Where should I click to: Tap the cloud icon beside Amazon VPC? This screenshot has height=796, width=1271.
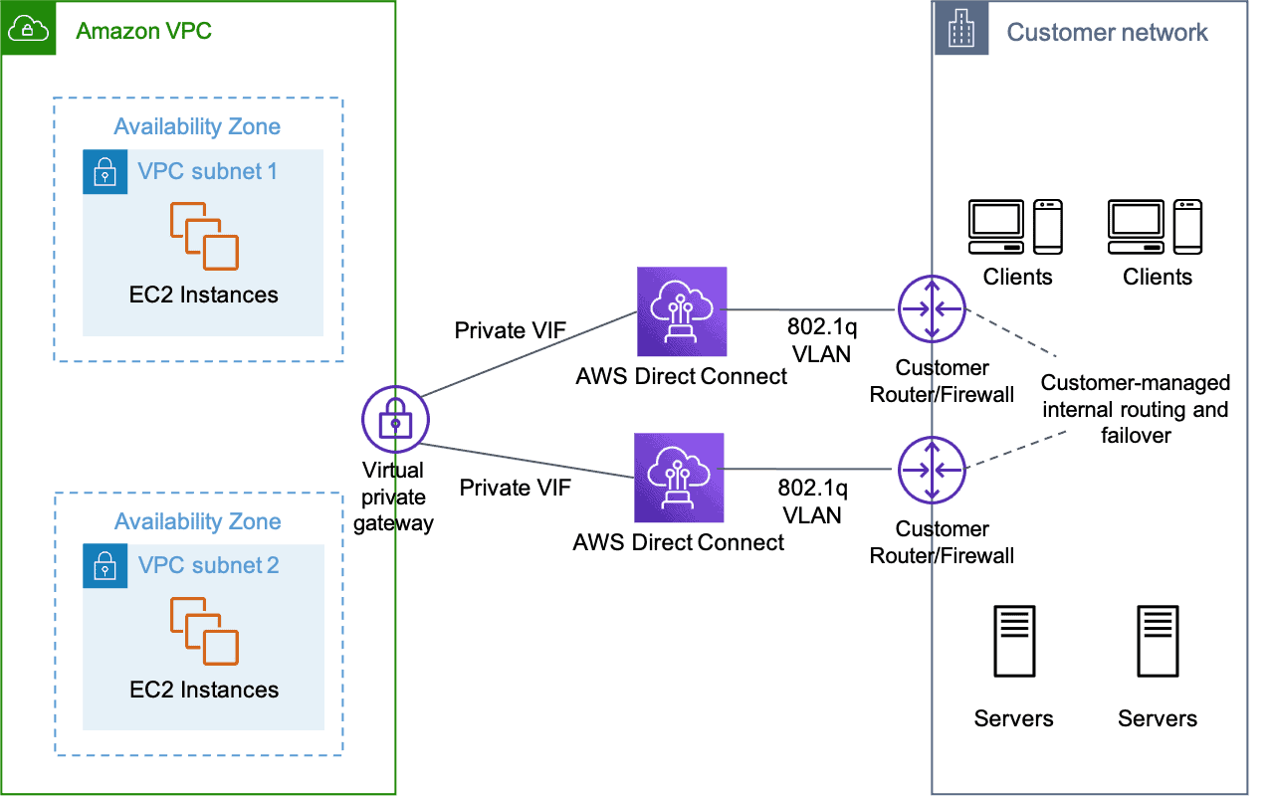click(x=28, y=30)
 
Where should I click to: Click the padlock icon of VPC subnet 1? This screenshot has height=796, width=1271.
click(x=105, y=172)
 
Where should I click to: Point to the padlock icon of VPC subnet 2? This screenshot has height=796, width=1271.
click(x=105, y=566)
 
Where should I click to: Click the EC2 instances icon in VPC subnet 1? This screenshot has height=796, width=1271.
click(x=204, y=236)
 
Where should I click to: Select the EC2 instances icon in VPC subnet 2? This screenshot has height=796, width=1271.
click(x=204, y=630)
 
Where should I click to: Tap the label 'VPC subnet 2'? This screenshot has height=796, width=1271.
click(x=209, y=566)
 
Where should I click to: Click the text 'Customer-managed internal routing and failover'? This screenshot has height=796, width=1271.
click(x=1135, y=409)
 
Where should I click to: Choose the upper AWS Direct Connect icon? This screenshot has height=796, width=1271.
click(x=682, y=311)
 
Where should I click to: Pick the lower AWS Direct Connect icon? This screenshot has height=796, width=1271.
click(x=679, y=478)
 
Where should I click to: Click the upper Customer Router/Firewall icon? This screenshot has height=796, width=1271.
click(x=932, y=309)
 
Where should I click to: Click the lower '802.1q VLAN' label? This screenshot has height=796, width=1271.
click(x=812, y=501)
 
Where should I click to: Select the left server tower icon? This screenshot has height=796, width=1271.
click(x=1013, y=642)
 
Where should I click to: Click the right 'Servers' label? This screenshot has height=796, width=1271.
click(x=1158, y=718)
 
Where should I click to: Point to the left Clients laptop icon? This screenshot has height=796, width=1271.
click(x=996, y=226)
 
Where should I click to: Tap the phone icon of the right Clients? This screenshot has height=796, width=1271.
click(x=1188, y=226)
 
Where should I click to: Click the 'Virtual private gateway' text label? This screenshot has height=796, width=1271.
click(x=394, y=497)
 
